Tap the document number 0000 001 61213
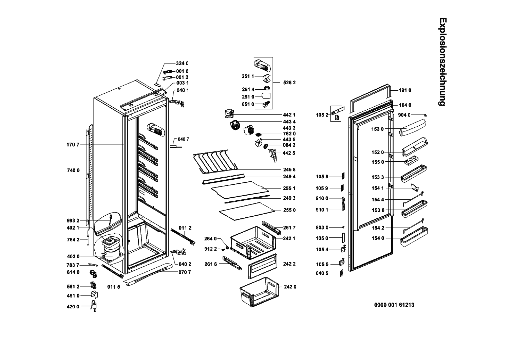pyautogui.click(x=394, y=305)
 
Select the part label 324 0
pyautogui.click(x=182, y=64)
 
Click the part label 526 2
pyautogui.click(x=289, y=83)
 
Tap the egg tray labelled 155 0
pyautogui.click(x=411, y=160)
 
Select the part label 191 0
pyautogui.click(x=405, y=90)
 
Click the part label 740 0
pyautogui.click(x=73, y=170)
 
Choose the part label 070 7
pyautogui.click(x=185, y=272)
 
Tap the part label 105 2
pyautogui.click(x=322, y=115)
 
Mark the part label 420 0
pyautogui.click(x=73, y=307)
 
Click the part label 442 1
pyautogui.click(x=289, y=115)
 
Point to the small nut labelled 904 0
pyautogui.click(x=426, y=115)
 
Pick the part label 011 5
pyautogui.click(x=114, y=287)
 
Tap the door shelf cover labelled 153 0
pyautogui.click(x=412, y=128)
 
